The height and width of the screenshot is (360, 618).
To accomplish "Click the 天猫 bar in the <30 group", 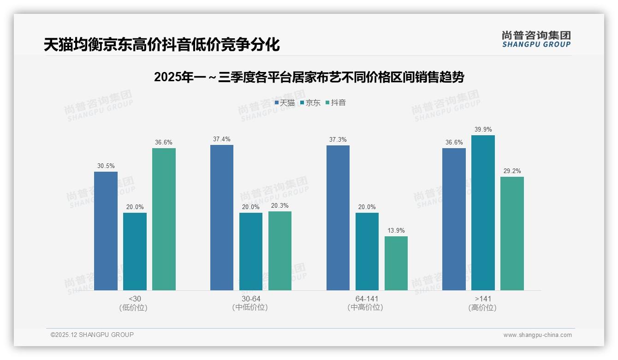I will point(106,231).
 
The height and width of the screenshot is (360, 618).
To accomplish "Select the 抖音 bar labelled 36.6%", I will point(164,219).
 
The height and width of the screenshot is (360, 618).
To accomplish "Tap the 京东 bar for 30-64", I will point(250,252).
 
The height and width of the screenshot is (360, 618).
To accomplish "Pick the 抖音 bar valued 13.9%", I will point(396,263).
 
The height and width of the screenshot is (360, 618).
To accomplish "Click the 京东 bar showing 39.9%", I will point(483,213).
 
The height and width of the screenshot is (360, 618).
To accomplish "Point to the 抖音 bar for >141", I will point(512,234).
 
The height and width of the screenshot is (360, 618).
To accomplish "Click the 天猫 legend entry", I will point(285,103).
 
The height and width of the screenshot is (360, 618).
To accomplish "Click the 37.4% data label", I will point(222,139).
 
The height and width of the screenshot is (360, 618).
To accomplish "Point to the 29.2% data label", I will point(512,171).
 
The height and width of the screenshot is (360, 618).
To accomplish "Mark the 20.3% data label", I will point(280,206).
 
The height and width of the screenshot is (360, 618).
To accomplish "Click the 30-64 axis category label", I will point(250,299).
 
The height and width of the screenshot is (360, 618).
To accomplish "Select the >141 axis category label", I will point(482,299).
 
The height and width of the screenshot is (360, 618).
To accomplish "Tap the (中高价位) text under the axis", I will point(367,307).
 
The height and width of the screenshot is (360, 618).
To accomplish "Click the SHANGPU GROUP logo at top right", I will point(536,39).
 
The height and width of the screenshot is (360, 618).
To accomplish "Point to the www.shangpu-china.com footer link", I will point(537,335).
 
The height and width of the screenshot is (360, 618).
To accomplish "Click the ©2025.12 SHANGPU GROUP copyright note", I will point(92,335).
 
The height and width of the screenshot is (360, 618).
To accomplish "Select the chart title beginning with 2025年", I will point(309,77).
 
